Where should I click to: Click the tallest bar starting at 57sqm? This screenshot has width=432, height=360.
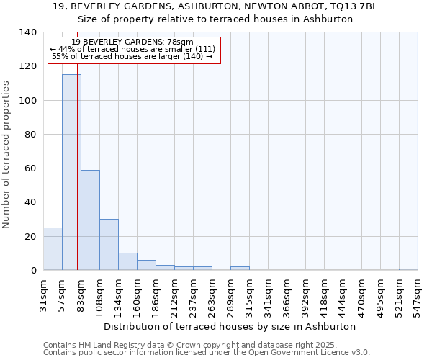coord(71,173)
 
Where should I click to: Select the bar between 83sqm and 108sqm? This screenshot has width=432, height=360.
coord(90,220)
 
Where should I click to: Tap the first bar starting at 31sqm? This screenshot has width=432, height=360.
coord(53,249)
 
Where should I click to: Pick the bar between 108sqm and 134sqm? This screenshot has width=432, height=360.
coord(109,245)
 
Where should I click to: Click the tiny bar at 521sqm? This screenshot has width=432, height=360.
coord(408,269)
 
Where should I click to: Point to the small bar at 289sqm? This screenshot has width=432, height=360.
coord(240,268)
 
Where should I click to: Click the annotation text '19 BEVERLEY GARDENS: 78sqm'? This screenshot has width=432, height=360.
coord(132,42)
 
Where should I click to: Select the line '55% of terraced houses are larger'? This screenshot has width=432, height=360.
coord(132,56)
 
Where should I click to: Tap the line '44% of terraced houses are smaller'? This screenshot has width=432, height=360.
coord(132,49)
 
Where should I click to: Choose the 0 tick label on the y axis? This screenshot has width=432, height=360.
coord(34,271)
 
